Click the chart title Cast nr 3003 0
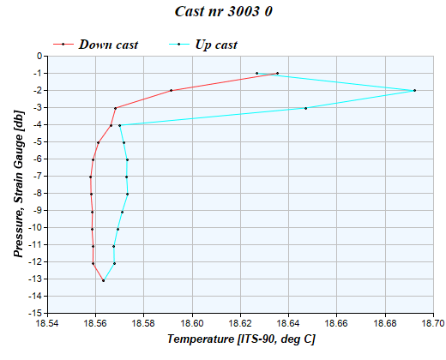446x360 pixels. (223, 14)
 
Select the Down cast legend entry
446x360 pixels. (108, 45)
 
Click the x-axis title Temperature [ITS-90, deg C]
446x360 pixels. (241, 339)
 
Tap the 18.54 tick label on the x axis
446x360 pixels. (47, 323)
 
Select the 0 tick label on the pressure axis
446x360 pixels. (39, 57)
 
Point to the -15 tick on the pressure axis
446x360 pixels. (34, 314)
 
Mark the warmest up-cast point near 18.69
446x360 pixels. (414, 90)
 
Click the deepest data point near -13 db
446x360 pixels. (103, 280)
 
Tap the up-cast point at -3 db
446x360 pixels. (305, 108)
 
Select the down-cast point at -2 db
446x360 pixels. (172, 90)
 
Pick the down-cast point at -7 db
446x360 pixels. (90, 177)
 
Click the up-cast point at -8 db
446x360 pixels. (127, 194)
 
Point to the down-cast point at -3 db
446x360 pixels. (115, 108)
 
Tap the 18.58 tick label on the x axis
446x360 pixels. (143, 323)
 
